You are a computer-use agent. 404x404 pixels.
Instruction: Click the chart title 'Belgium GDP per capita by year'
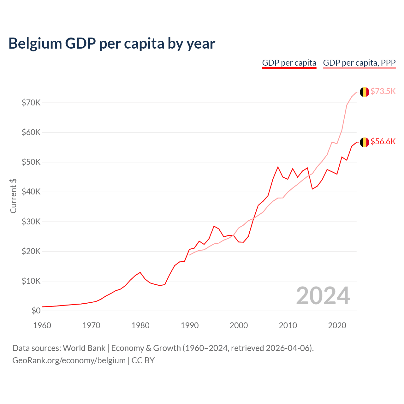coord(112,44)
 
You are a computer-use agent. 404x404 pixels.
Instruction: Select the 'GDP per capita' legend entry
coord(289,63)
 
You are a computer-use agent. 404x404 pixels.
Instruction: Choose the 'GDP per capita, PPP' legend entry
coord(359,63)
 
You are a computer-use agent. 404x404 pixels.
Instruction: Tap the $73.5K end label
coord(383,91)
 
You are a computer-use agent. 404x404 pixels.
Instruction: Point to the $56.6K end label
coord(383,141)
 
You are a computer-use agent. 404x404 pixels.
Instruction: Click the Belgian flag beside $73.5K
coord(365,92)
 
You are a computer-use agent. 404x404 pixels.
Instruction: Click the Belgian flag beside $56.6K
coord(365,142)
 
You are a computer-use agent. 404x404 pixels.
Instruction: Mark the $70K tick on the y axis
coord(31,103)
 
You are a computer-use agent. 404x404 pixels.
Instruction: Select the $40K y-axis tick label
coord(31,192)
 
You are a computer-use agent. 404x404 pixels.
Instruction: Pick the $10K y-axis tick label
coord(31,281)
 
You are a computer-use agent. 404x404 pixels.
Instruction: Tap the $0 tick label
coord(36,311)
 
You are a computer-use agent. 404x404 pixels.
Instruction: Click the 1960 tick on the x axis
coord(42,325)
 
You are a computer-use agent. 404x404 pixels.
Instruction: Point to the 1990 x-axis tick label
coord(189,325)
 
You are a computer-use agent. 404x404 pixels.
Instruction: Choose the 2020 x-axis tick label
coord(337,325)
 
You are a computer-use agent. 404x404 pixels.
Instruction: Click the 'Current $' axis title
coord(13,196)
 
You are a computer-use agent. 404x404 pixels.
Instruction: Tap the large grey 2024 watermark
coord(323,296)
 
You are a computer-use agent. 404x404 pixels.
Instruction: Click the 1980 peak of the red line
coord(140,272)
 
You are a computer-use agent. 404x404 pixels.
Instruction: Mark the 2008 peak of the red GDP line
coord(278,167)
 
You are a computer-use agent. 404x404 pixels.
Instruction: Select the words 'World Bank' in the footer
coord(84,348)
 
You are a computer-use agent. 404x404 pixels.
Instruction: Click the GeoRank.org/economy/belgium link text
coord(69,360)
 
